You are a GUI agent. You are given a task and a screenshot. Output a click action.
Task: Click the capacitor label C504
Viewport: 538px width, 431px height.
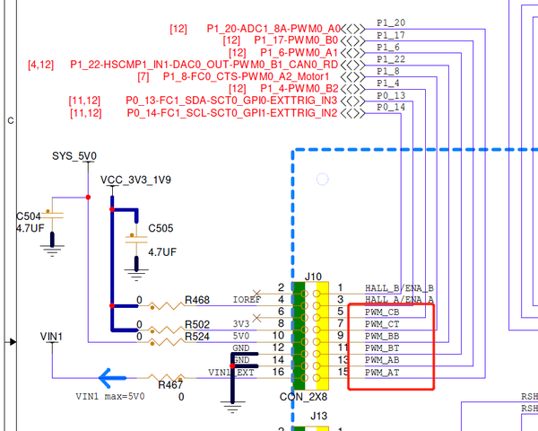29,216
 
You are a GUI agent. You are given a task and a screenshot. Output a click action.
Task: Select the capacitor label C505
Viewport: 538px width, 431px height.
161,227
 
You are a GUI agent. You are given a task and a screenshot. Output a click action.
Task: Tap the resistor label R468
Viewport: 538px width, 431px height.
197,300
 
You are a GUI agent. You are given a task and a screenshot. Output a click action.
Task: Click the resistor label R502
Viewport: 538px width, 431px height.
197,324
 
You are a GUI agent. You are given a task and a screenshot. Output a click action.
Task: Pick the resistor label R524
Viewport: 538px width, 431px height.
197,337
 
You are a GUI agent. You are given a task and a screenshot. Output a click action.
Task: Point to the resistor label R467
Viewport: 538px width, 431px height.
170,384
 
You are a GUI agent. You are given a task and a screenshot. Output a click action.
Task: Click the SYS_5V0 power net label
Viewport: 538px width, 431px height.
74,156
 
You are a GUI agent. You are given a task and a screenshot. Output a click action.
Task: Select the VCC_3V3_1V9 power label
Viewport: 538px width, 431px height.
135,180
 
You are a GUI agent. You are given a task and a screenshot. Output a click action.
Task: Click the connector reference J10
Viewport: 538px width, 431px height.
314,276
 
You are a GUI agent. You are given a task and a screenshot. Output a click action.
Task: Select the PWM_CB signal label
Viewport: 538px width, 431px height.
383,312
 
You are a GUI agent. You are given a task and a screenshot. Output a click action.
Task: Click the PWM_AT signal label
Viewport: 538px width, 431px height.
383,372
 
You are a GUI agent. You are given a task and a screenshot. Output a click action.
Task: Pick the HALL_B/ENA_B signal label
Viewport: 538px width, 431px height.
399,287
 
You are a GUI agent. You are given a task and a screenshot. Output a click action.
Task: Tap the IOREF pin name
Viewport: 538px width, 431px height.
247,299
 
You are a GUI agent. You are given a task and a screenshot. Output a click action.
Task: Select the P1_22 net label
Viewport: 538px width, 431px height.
391,59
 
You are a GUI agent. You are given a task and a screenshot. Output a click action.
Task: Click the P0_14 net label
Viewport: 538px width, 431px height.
391,107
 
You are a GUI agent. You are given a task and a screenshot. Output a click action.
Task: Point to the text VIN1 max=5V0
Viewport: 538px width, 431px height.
111,396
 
